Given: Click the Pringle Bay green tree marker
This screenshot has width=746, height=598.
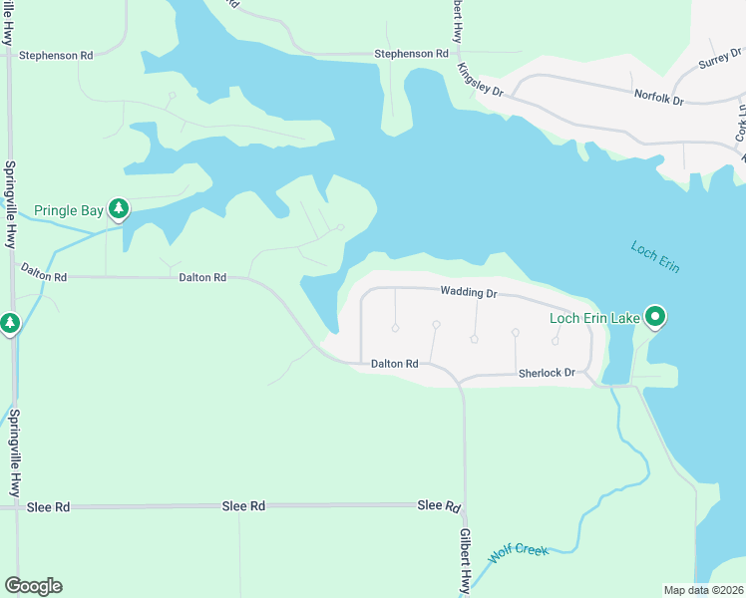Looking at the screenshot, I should (x=119, y=209).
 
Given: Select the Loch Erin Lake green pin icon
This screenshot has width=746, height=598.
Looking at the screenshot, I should (x=655, y=318).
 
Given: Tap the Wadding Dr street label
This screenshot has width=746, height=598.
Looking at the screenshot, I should (x=468, y=293).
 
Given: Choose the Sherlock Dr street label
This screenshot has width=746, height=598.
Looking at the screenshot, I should (x=547, y=374).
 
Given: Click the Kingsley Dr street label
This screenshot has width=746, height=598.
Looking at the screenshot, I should (x=481, y=79).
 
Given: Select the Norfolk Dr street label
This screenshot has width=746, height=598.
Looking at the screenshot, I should (x=659, y=99).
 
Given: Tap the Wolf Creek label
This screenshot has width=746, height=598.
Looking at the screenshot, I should (x=519, y=552).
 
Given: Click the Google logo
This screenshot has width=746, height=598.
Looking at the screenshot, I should (x=33, y=586).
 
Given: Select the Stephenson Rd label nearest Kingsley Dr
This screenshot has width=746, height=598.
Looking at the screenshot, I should (x=411, y=54).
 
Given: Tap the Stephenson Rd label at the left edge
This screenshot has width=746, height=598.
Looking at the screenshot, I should (x=56, y=56).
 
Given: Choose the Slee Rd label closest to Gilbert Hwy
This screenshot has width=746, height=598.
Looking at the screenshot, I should (x=438, y=506).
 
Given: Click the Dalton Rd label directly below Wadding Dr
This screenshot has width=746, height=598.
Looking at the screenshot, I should (x=394, y=365).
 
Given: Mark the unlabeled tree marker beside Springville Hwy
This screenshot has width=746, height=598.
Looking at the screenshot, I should (x=10, y=323).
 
